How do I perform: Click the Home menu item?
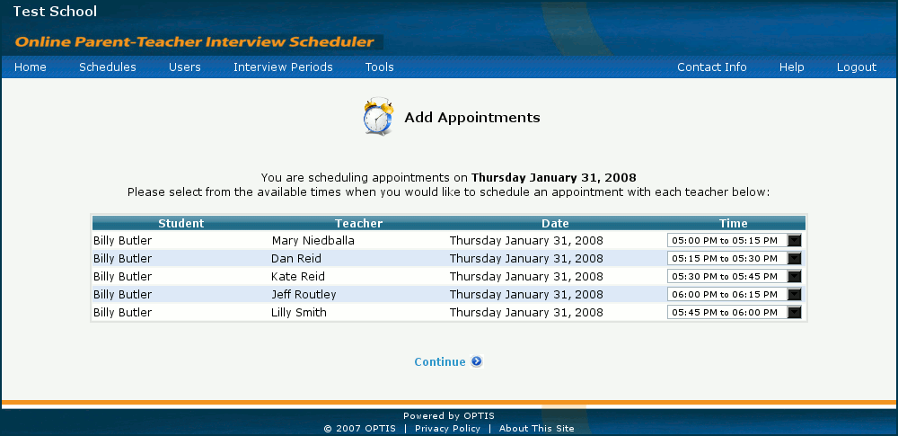31,67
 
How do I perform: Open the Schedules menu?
108,67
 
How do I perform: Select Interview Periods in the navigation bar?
283,67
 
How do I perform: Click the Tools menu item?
380,67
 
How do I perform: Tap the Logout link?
856,67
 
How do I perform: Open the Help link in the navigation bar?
791,67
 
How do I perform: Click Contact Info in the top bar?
712,67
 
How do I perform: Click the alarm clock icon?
379,117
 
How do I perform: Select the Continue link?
440,362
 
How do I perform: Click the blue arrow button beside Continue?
477,361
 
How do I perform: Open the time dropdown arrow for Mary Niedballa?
795,240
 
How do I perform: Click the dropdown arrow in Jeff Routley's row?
795,294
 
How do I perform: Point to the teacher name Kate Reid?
298,277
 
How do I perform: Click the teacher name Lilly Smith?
299,313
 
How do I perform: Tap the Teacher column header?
358,223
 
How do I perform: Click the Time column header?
733,223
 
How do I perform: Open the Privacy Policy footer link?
447,429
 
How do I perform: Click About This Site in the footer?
537,429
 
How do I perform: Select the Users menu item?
184,67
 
